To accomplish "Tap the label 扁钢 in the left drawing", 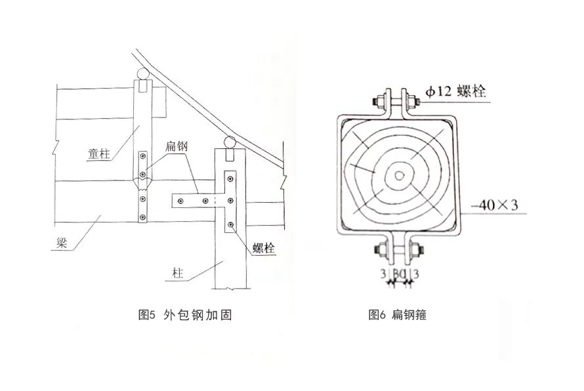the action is pyautogui.click(x=178, y=148).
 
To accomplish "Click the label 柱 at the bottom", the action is pyautogui.click(x=178, y=273).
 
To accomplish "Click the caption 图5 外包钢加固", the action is pyautogui.click(x=186, y=315).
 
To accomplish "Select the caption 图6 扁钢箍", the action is pyautogui.click(x=398, y=315).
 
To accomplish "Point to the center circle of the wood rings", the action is pyautogui.click(x=397, y=175).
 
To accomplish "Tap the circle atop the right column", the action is pyautogui.click(x=228, y=141).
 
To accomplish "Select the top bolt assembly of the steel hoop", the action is pyautogui.click(x=396, y=102).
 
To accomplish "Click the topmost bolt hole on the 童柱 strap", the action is pyautogui.click(x=143, y=155).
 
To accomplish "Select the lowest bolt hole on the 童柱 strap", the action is pyautogui.click(x=143, y=215).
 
